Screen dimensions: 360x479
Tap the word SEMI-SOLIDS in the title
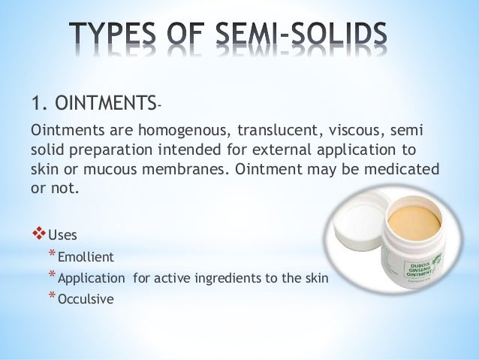pos(312,36)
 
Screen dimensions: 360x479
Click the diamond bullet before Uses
pos(38,234)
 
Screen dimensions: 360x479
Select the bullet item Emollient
pos(86,257)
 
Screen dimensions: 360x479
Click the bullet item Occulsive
pos(85,299)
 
